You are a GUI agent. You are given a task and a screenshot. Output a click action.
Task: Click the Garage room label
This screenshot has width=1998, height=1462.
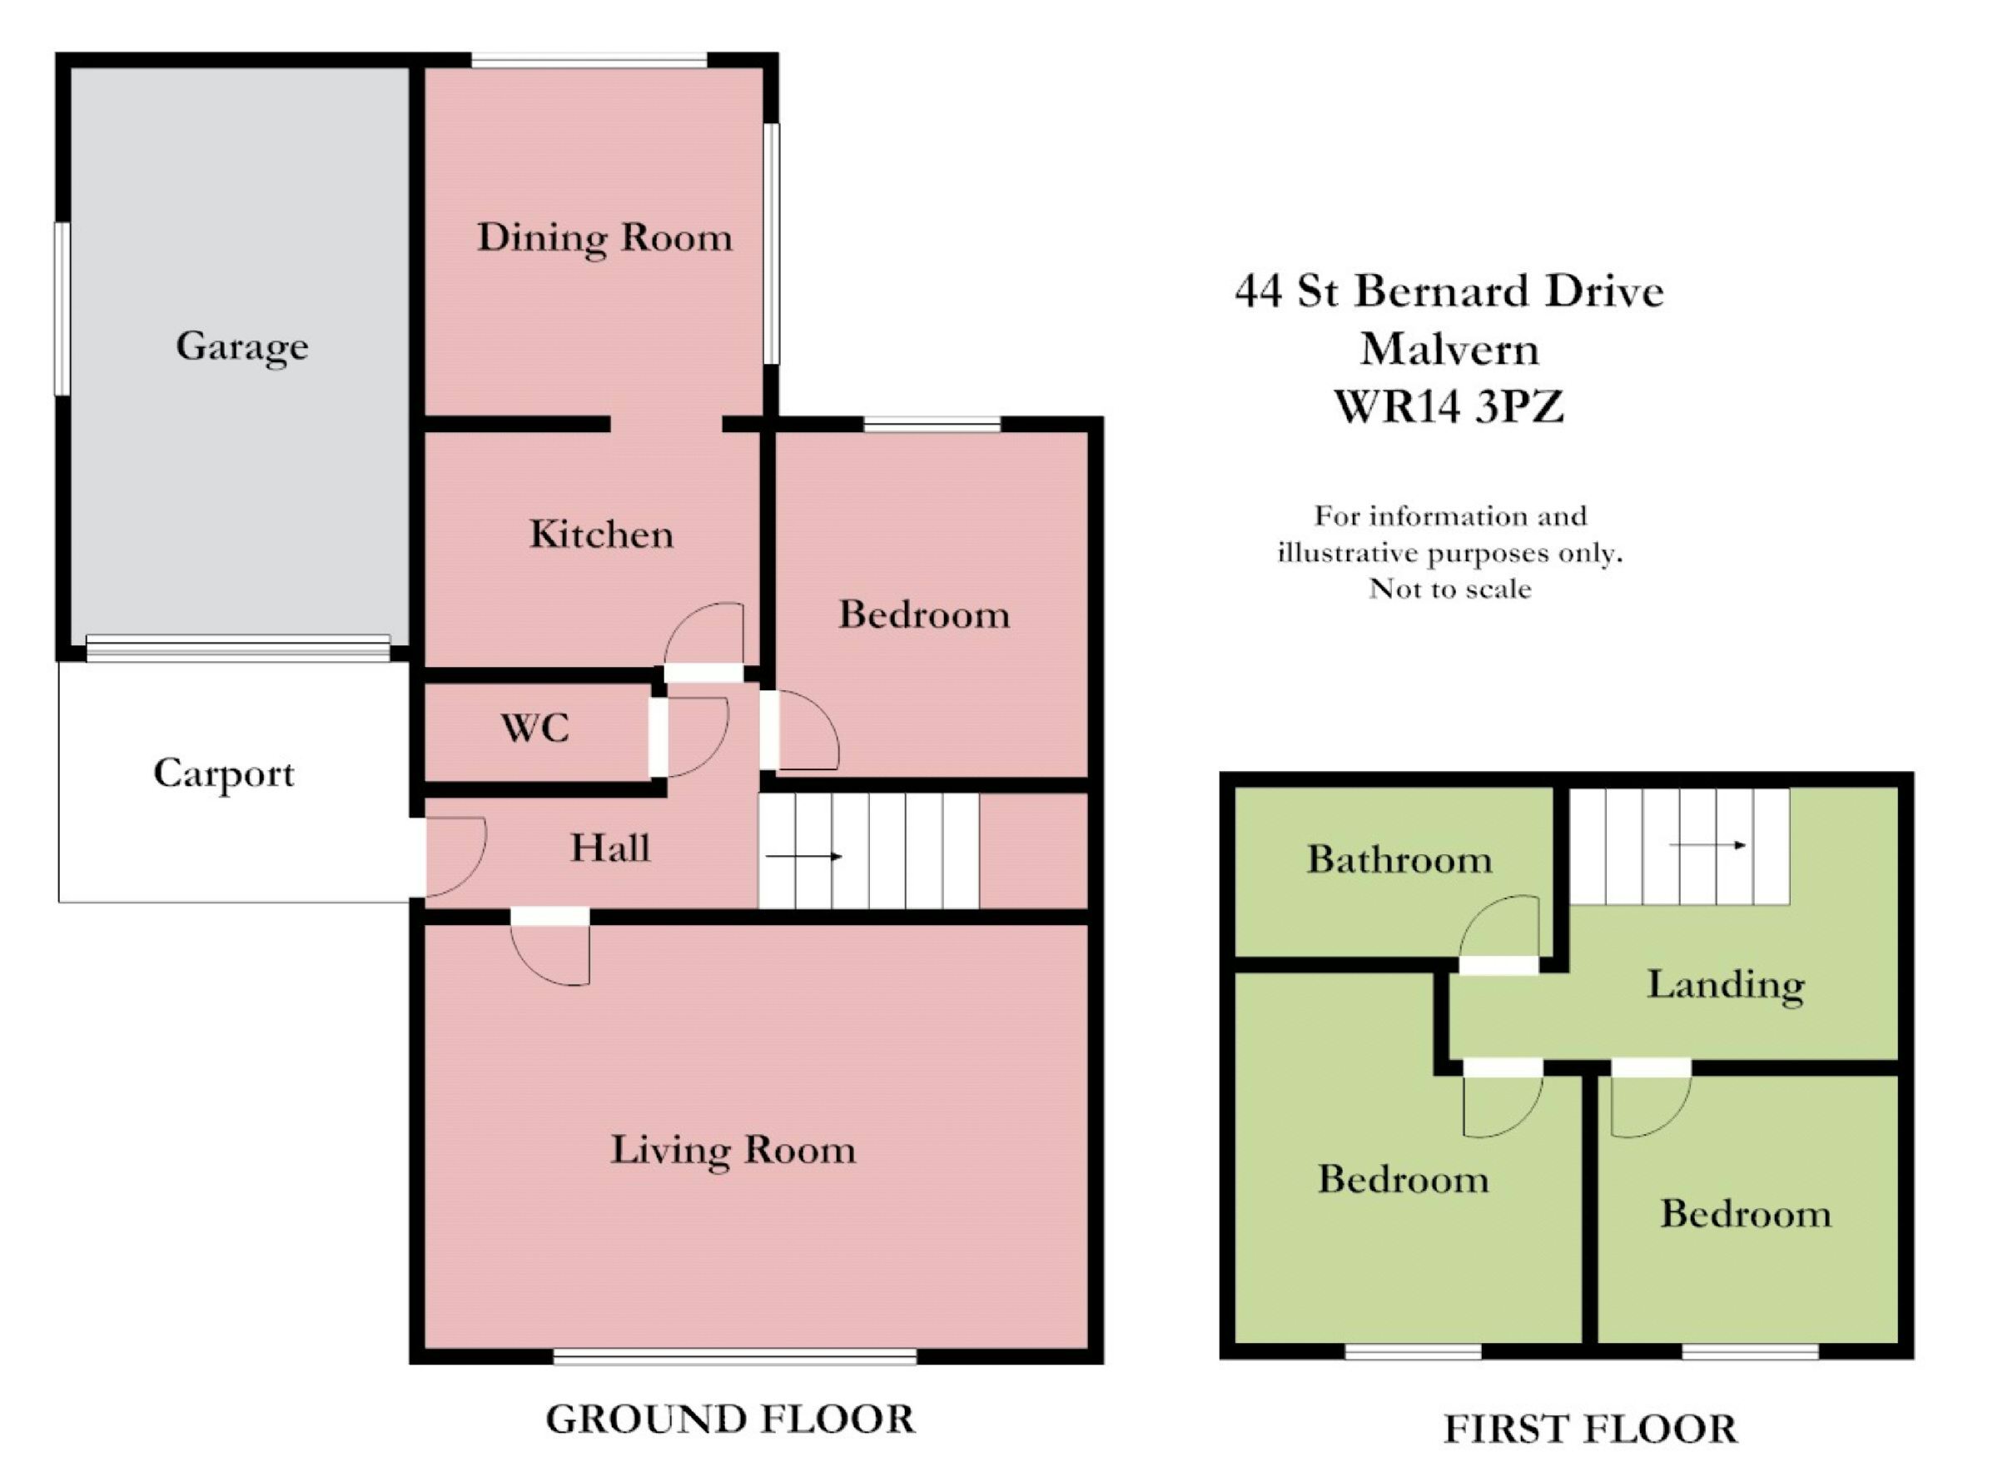point(242,346)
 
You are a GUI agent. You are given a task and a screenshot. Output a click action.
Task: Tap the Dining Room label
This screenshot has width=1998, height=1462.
point(605,238)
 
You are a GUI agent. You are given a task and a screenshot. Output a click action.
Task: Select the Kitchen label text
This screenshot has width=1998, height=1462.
point(602,535)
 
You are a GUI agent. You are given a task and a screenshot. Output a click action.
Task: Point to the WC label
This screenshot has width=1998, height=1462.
point(535,729)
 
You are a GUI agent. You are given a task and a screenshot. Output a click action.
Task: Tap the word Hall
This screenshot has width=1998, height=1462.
point(610,848)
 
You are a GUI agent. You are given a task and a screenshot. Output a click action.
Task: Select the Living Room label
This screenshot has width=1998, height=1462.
point(733,1150)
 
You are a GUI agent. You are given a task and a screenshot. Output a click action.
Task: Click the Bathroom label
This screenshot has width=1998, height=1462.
point(1399,859)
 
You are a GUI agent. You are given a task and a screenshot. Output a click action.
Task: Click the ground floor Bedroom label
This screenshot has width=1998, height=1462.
point(925,615)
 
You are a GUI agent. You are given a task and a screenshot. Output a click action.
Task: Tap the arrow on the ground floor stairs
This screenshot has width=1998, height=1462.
point(803,856)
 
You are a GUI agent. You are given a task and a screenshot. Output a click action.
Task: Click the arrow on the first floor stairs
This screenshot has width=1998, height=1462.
point(1707,845)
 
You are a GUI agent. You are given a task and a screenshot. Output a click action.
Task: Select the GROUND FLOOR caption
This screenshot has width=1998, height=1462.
point(730,1419)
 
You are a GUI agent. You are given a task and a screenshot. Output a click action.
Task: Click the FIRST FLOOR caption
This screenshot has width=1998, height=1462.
point(1590,1430)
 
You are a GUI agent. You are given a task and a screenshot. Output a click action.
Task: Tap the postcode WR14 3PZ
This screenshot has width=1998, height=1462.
point(1449,407)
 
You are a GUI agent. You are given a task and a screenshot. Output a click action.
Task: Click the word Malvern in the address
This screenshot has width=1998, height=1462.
point(1449,350)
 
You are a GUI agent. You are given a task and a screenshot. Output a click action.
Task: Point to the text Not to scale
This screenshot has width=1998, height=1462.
point(1449,589)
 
